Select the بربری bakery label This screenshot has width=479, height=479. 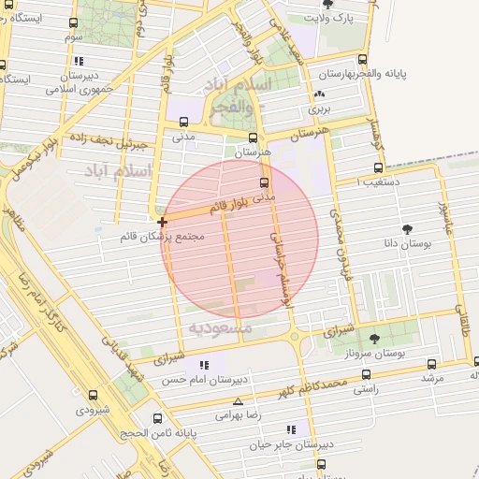point(321,109)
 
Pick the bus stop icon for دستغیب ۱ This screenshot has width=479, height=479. point(378,169)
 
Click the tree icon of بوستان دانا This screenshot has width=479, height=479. point(407,229)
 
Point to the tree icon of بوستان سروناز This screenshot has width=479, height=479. point(375,339)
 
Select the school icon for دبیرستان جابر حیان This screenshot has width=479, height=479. point(291,429)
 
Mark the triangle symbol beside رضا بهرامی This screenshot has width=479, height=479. point(238,400)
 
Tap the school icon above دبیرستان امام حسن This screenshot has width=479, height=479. point(204,365)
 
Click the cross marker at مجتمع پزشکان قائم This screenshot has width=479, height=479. point(164,222)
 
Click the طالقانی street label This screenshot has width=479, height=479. point(459,322)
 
